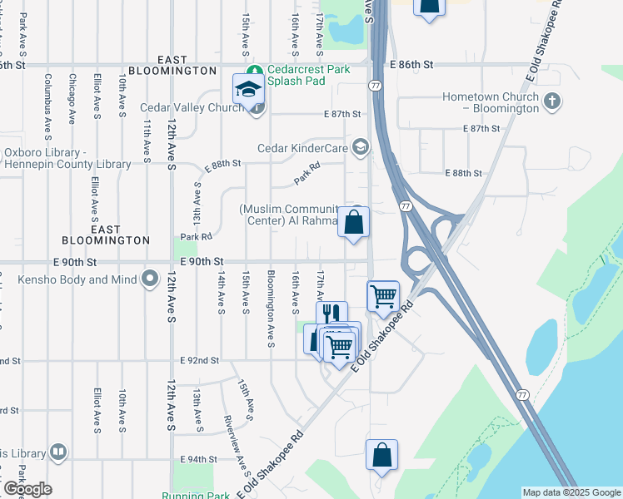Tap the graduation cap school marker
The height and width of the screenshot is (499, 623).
(x=248, y=89)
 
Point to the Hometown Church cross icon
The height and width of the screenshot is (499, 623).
(x=550, y=102)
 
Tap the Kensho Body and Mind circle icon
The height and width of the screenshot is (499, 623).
(x=150, y=279)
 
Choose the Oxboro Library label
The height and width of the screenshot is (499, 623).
(x=67, y=158)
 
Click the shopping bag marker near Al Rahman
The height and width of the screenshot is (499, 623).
(x=353, y=222)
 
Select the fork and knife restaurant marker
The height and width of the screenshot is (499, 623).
(x=331, y=314)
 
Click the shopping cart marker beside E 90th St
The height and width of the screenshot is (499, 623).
(x=383, y=295)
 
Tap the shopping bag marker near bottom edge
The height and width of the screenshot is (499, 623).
(x=381, y=455)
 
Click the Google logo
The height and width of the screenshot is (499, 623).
(x=27, y=489)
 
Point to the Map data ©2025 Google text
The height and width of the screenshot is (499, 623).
(x=571, y=492)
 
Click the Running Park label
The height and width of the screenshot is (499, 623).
(x=196, y=496)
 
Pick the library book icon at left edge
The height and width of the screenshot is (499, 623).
(x=57, y=452)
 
